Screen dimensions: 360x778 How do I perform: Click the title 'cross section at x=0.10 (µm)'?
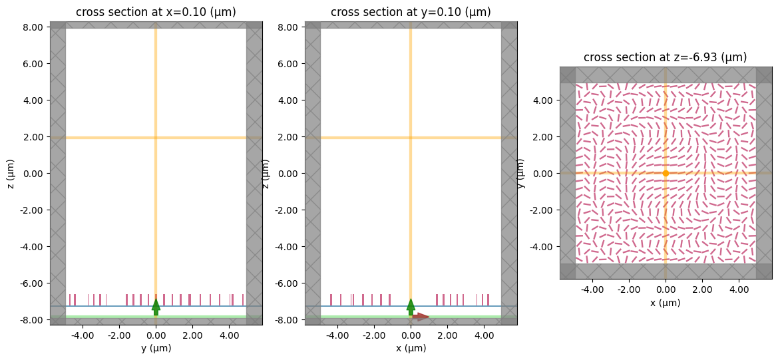(x=156, y=12)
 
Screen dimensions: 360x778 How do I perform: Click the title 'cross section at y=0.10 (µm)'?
(x=411, y=12)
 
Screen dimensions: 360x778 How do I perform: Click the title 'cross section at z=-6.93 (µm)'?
(x=665, y=57)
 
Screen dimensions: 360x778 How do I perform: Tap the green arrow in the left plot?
(x=156, y=306)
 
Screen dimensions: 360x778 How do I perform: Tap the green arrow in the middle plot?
(x=411, y=306)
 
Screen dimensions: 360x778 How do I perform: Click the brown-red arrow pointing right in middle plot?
(x=421, y=317)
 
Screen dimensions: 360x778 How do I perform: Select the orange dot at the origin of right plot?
(x=666, y=173)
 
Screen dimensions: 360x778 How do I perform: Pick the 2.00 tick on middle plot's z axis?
(x=290, y=137)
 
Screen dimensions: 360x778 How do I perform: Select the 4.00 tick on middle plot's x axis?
(x=484, y=335)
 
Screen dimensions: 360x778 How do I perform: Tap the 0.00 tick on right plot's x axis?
(x=666, y=290)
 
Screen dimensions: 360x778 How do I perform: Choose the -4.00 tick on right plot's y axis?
(x=543, y=246)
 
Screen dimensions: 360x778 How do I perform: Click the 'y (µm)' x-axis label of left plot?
(x=156, y=348)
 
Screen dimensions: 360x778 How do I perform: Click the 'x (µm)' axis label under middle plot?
(x=411, y=348)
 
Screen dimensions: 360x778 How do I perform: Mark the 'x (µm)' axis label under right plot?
(x=666, y=303)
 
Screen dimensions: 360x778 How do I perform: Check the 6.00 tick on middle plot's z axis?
(x=290, y=64)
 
